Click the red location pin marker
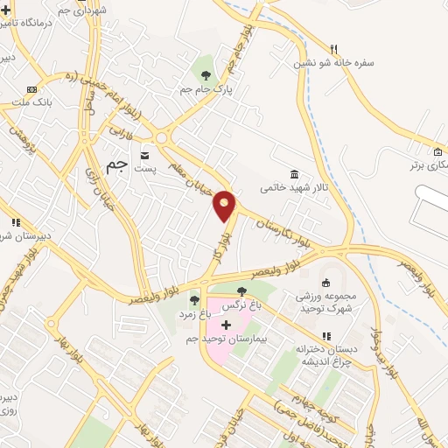click(225, 206)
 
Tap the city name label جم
click(116, 164)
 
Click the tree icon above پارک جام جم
click(206, 76)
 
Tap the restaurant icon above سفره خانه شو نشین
click(333, 49)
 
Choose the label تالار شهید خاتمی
click(292, 187)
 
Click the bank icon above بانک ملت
click(32, 89)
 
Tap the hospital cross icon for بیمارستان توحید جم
click(227, 325)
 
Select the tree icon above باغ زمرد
click(194, 300)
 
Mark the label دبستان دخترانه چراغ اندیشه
click(325, 351)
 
